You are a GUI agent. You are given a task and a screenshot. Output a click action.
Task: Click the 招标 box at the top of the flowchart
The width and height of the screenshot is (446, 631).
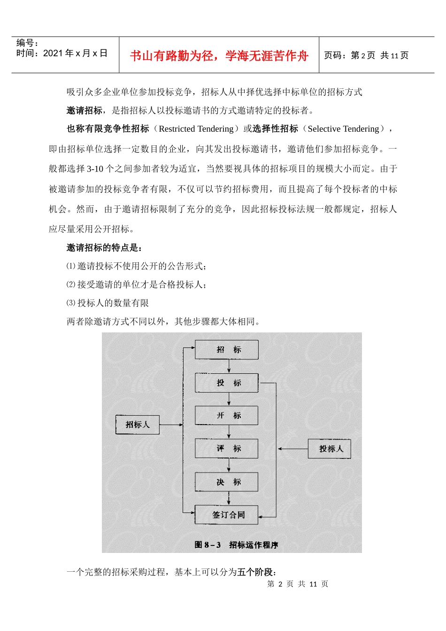tap(227, 350)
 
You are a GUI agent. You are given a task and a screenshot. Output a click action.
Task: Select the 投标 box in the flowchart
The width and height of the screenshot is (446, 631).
tap(227, 383)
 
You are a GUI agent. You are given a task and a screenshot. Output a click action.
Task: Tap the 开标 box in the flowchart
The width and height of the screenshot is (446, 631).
tap(227, 416)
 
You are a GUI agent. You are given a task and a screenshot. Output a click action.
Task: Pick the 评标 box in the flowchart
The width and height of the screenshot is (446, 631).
tap(227, 449)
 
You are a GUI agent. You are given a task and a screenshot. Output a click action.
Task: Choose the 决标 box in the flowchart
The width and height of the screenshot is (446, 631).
tap(227, 482)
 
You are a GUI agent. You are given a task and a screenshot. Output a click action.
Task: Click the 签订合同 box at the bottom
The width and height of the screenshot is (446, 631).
tap(227, 515)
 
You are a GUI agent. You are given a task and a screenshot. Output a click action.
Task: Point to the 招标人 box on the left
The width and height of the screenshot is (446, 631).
tap(138, 425)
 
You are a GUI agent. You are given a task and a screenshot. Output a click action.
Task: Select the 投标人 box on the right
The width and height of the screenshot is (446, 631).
tap(330, 449)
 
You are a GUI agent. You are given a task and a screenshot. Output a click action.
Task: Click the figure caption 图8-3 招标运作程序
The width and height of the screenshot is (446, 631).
tap(236, 545)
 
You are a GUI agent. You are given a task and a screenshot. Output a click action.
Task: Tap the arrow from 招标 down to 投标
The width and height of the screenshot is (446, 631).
tap(229, 366)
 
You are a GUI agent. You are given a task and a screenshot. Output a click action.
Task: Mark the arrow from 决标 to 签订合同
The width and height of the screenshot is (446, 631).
tap(229, 498)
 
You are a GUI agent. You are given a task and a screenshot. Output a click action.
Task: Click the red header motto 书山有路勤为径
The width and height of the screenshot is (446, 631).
tap(219, 56)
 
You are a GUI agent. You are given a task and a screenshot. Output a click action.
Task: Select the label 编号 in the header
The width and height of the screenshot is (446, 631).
tap(27, 43)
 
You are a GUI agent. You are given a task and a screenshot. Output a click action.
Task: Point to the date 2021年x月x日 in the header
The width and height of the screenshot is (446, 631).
tap(75, 53)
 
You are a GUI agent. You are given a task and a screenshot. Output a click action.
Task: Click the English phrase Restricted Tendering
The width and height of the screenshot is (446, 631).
tap(196, 129)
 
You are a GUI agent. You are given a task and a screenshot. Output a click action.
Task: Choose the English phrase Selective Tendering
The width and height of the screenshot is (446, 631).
tap(343, 129)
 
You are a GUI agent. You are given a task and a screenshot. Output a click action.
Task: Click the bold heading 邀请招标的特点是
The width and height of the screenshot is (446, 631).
tap(104, 248)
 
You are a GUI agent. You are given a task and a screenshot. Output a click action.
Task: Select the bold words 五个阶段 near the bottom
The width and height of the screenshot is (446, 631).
tap(256, 572)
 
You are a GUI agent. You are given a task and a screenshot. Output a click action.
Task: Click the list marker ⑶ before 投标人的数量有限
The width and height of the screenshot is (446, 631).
tap(71, 303)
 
